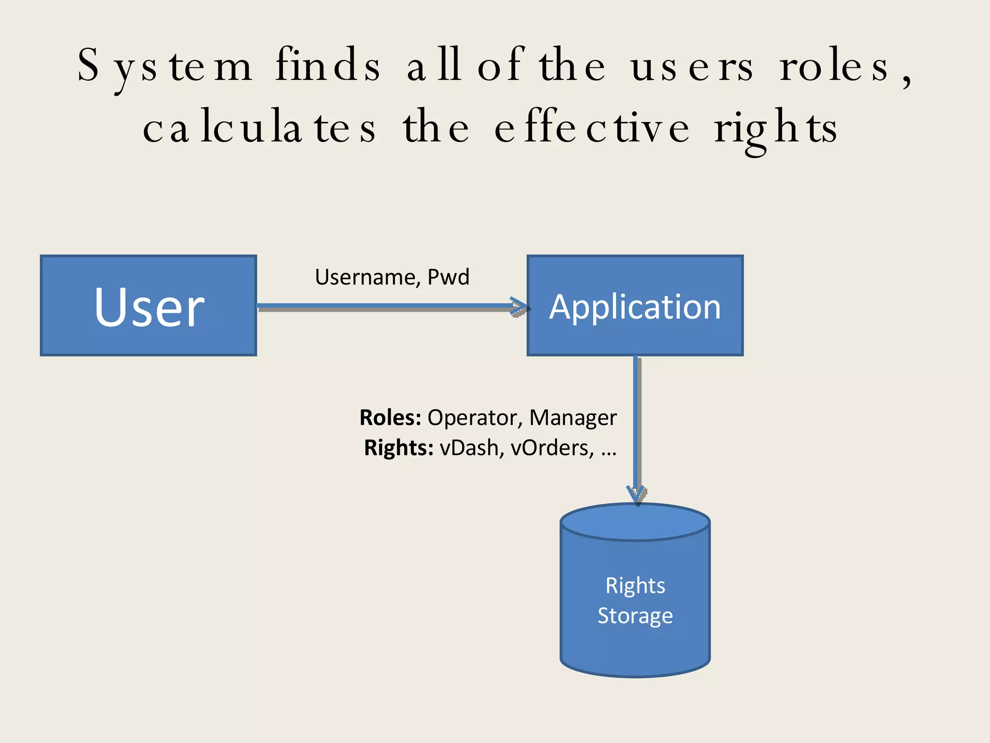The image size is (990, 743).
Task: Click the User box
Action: point(148,306)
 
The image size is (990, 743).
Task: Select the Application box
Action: point(635,306)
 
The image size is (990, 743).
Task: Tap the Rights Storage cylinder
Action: point(635,600)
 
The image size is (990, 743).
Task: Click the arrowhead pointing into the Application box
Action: point(520,307)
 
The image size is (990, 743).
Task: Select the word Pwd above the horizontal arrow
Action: point(449,277)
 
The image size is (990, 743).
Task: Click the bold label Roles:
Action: point(390,417)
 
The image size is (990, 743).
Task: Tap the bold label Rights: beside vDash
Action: point(398,448)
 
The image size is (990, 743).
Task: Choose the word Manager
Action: point(573,417)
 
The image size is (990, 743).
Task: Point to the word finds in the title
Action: point(328,65)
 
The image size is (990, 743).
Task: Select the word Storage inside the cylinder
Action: point(635,616)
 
